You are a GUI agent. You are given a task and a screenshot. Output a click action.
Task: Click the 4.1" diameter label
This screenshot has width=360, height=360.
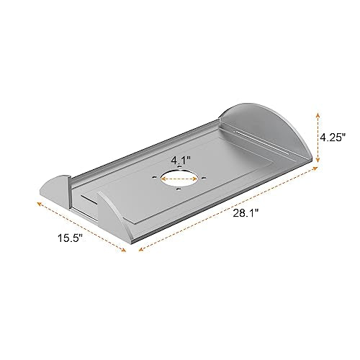(x=181, y=160)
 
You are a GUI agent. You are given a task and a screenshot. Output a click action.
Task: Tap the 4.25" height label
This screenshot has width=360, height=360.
(x=333, y=138)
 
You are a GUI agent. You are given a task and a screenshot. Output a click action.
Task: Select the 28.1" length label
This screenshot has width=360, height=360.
(x=246, y=213)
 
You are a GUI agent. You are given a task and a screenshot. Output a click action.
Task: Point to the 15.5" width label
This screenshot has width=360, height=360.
(x=70, y=238)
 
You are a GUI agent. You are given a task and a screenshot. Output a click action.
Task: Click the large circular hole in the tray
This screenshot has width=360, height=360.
(x=179, y=179)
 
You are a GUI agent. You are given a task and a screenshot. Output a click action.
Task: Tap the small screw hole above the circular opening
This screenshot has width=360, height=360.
(x=179, y=166)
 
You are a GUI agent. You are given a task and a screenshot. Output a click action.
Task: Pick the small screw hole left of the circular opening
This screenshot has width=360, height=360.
(x=154, y=178)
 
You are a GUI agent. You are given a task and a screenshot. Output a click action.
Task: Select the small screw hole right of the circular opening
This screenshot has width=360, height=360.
(x=204, y=178)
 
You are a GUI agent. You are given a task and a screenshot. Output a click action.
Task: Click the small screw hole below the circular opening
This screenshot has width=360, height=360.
(x=178, y=189)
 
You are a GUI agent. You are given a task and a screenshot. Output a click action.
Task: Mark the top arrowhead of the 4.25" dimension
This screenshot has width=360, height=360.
(x=318, y=115)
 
